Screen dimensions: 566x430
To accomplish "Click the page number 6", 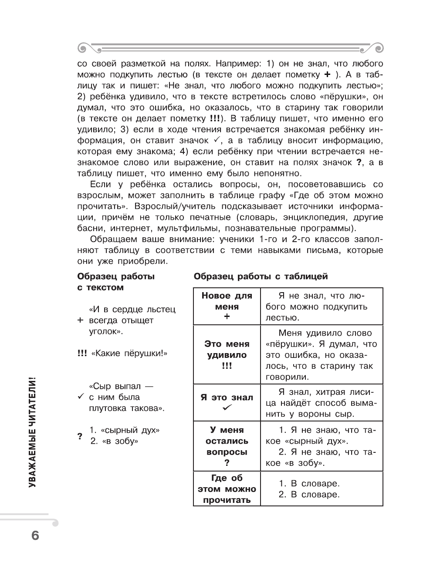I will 35,535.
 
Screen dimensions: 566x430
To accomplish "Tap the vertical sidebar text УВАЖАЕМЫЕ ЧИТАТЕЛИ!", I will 33,431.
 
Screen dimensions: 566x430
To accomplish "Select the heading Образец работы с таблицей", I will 261,276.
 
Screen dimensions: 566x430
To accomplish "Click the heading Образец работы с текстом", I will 115,282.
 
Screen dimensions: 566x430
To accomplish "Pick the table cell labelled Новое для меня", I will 227,306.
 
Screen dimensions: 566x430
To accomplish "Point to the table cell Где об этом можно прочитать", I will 227,489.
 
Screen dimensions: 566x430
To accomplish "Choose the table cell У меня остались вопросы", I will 227,446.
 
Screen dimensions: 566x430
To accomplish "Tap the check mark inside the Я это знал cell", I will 227,408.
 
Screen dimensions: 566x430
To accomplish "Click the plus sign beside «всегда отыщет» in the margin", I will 80,320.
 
